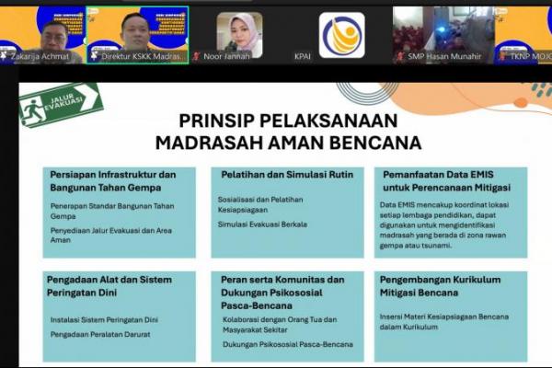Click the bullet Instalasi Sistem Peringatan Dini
(104, 319)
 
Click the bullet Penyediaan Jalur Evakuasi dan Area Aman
(111, 235)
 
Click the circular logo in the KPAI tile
(341, 35)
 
